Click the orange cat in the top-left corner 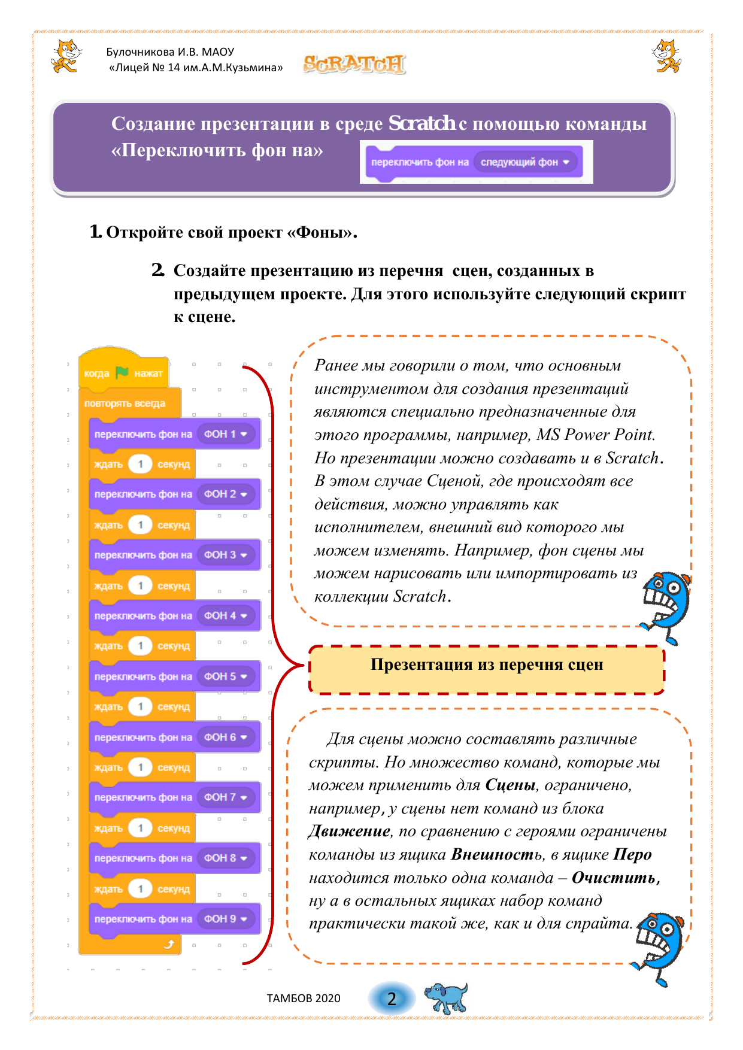point(66,56)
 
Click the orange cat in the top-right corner point(666,56)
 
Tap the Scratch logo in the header point(354,63)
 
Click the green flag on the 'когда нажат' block point(122,373)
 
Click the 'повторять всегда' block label point(125,403)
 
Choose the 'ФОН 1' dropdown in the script point(226,434)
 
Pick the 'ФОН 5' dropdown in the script point(226,676)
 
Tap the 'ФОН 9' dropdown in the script point(226,919)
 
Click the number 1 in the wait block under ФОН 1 point(140,465)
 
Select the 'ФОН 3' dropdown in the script point(226,555)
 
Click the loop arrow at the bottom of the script point(169,944)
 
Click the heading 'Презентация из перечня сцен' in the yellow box point(486,665)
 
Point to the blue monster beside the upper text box point(665,606)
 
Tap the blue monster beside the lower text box point(660,946)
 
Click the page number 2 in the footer point(392,999)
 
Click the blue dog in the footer point(447,997)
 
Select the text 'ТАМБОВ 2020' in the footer point(304,999)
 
